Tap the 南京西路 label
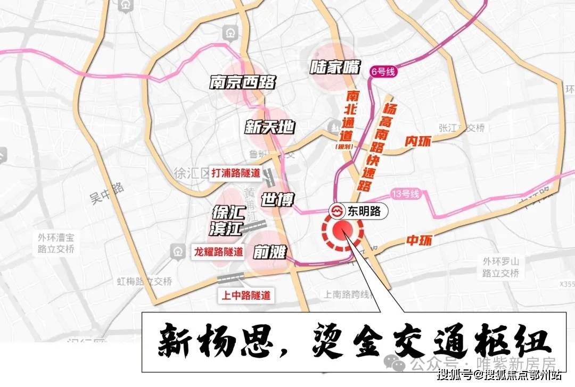pyautogui.click(x=242, y=82)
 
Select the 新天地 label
pyautogui.click(x=269, y=127)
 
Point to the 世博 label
pyautogui.click(x=277, y=200)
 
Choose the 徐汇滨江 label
pyautogui.click(x=228, y=221)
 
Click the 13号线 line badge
pyautogui.click(x=405, y=194)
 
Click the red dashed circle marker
pyautogui.click(x=342, y=233)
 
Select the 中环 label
pyautogui.click(x=417, y=241)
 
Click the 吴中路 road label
pyautogui.click(x=106, y=193)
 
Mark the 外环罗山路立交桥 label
pyautogui.click(x=500, y=267)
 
